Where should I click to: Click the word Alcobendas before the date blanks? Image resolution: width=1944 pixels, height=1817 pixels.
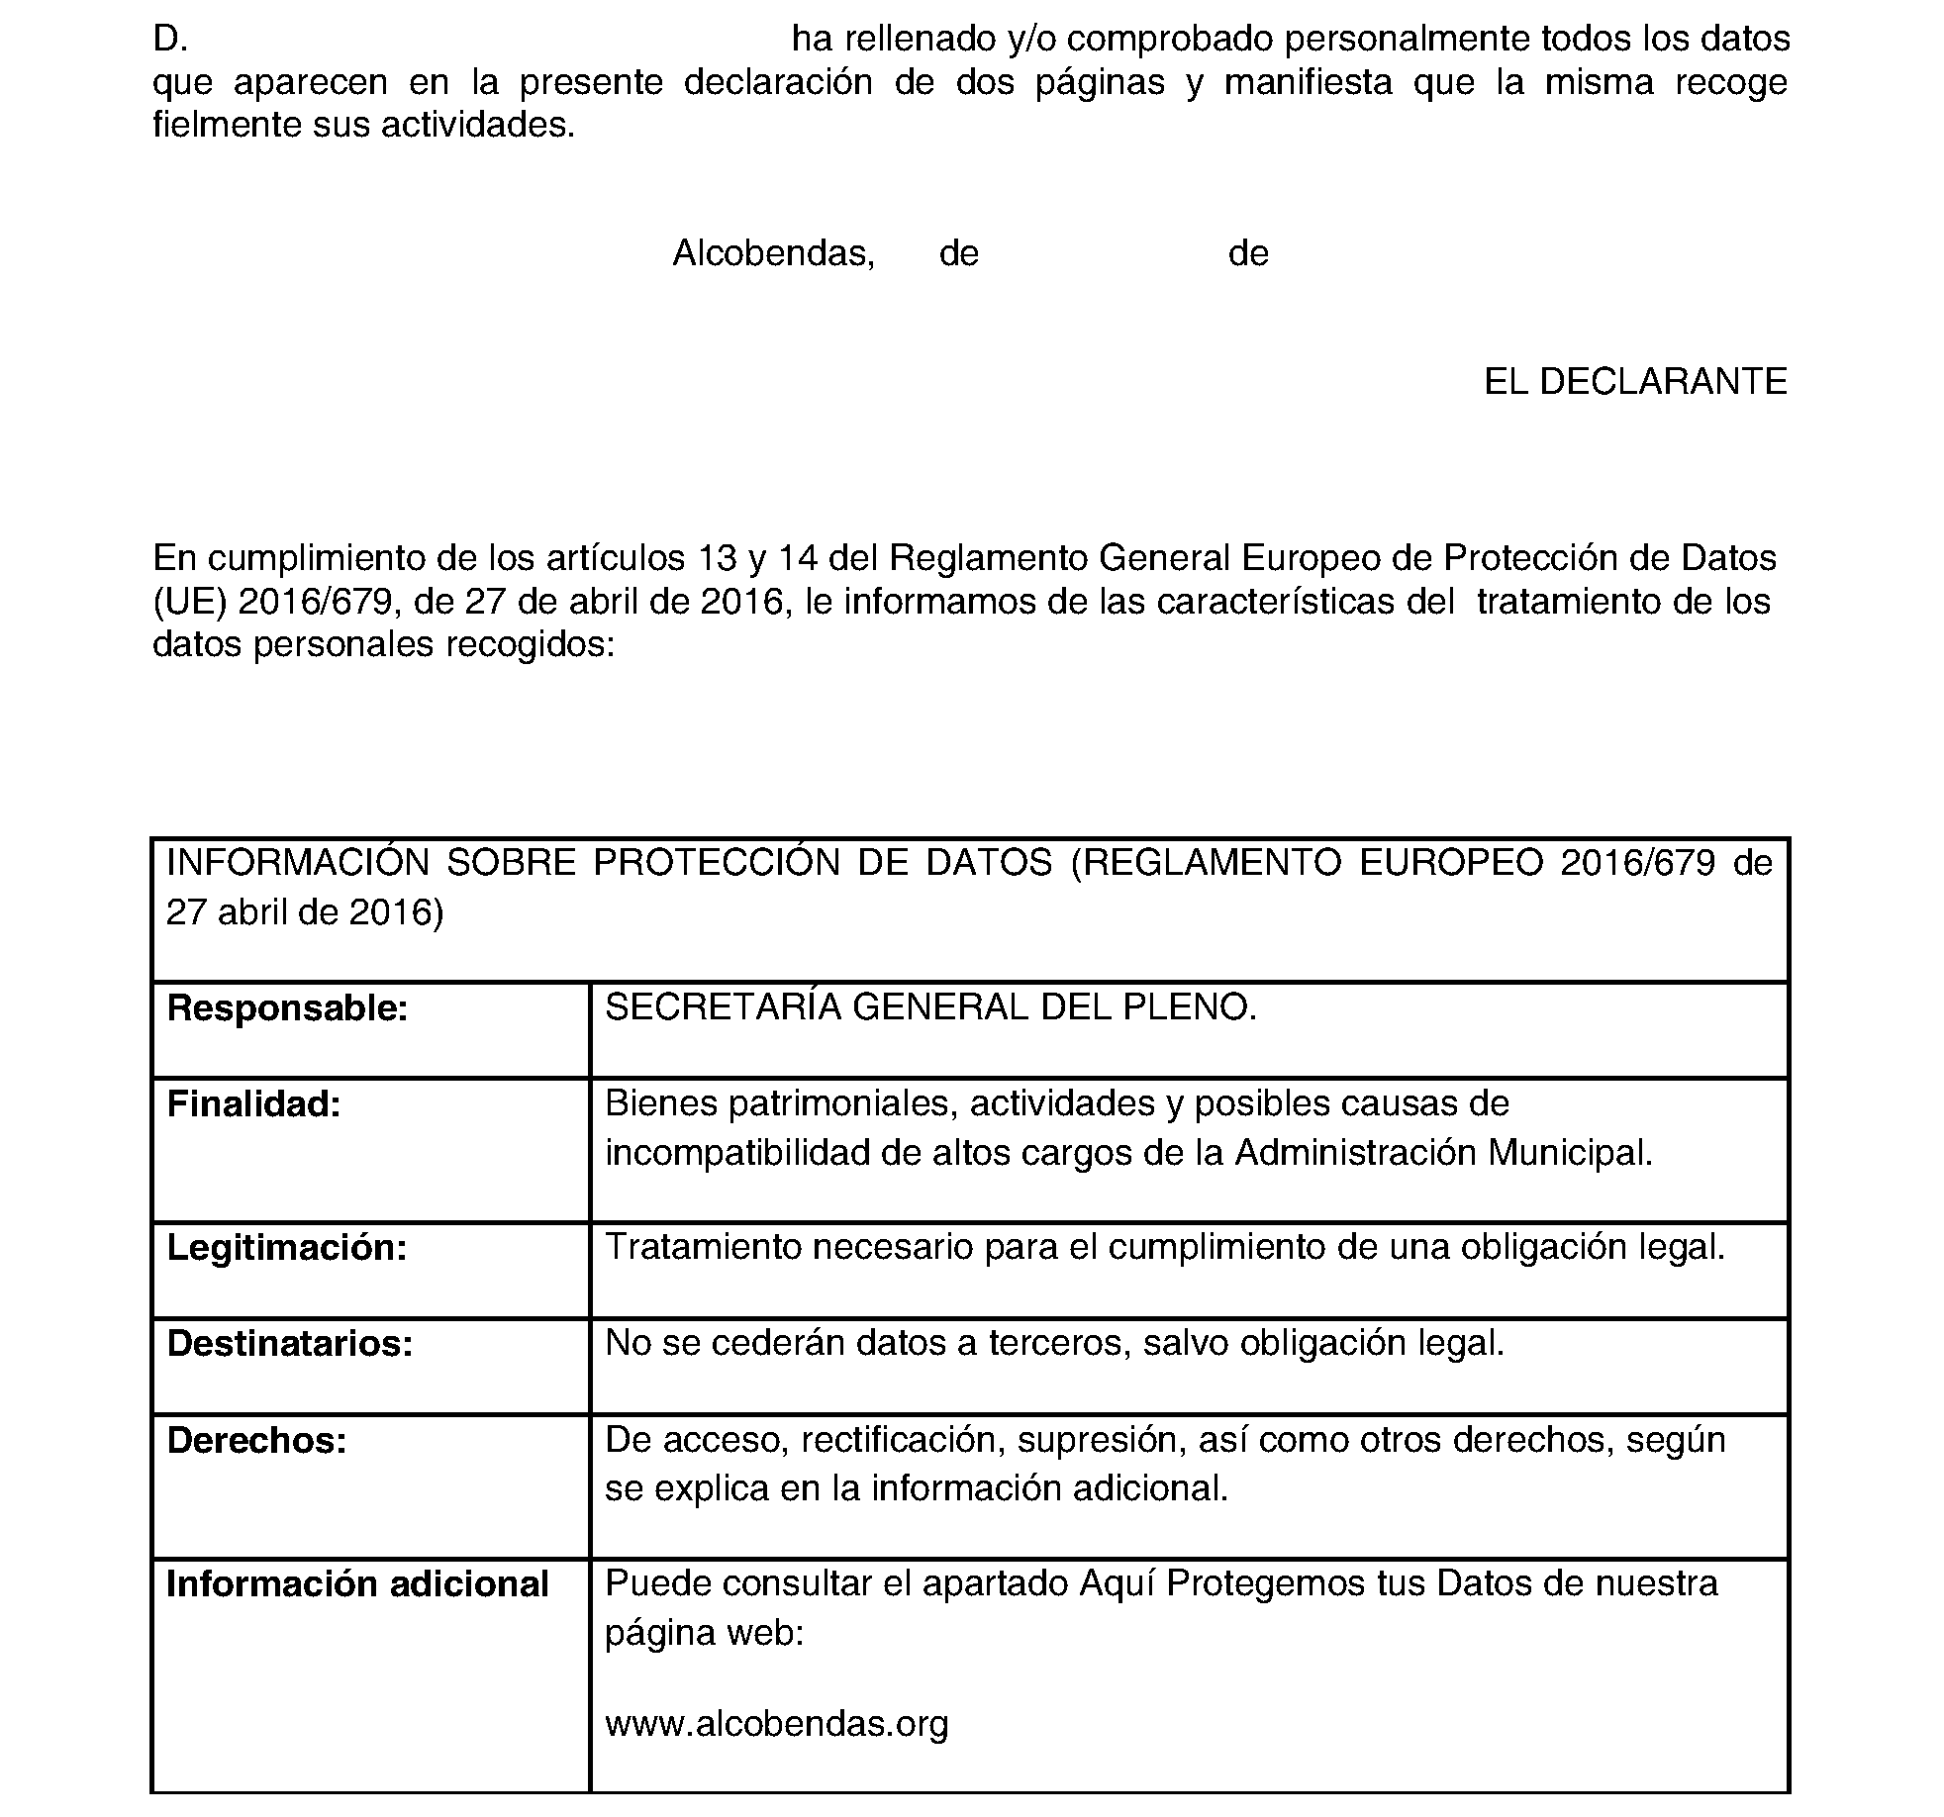[772, 254]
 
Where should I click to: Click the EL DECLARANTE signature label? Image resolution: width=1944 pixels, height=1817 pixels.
[1635, 382]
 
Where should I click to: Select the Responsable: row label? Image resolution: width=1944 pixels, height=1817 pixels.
[287, 1008]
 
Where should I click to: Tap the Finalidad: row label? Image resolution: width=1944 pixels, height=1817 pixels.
[253, 1104]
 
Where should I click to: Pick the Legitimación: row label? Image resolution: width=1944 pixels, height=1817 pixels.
[287, 1248]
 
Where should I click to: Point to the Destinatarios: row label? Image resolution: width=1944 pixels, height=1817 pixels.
[289, 1344]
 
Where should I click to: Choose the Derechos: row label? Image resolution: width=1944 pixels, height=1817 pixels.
[256, 1441]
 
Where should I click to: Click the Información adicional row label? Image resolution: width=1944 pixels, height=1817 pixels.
[357, 1584]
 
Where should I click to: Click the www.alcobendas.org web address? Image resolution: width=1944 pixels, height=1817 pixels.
[776, 1723]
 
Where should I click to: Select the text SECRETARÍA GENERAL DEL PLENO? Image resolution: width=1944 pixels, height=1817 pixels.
[930, 1007]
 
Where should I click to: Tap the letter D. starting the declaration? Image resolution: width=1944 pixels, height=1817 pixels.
[170, 39]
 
